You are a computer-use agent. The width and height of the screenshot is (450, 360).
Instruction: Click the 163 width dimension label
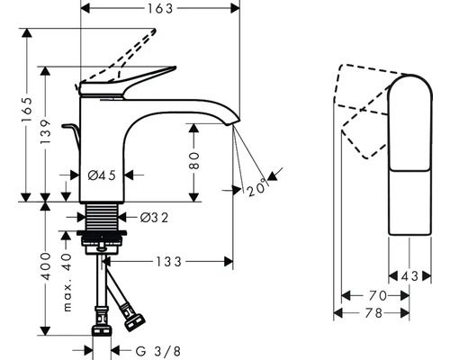(160, 8)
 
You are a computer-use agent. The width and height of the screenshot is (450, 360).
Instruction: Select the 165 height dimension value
(27, 110)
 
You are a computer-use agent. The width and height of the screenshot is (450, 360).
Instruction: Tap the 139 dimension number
(45, 131)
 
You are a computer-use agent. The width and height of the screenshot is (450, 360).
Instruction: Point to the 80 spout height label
(194, 161)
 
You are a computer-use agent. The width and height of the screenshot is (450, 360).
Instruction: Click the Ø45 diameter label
(102, 175)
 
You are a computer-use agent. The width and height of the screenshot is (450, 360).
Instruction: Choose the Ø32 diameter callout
(154, 218)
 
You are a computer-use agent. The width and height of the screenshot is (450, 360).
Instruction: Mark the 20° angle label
(256, 188)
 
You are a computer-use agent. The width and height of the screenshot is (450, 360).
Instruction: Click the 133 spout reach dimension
(168, 262)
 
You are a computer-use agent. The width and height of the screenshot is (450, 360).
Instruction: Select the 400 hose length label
(46, 266)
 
